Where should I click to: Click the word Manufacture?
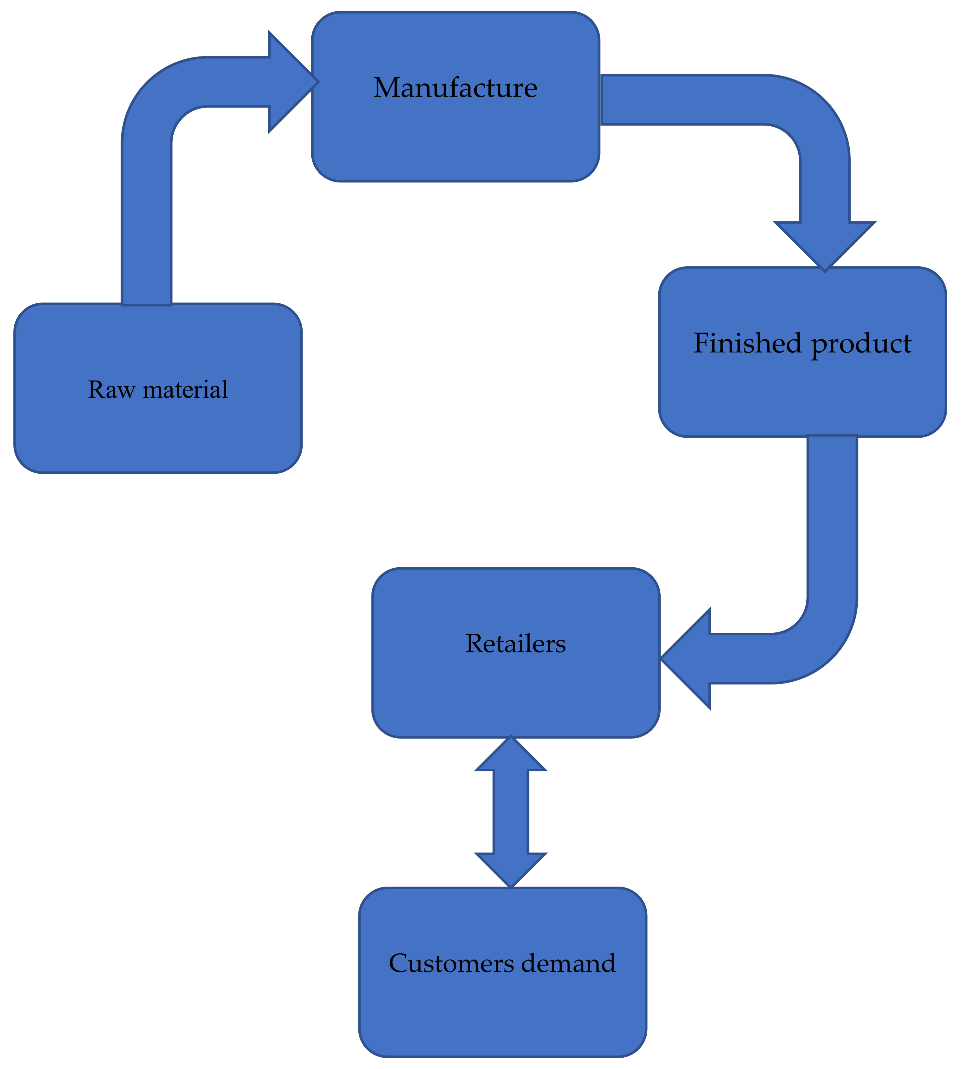(x=455, y=88)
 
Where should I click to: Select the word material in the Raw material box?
(x=185, y=390)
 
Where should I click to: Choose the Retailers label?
(x=515, y=644)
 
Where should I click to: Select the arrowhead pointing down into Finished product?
(x=824, y=244)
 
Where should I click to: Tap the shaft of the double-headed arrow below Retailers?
(x=510, y=811)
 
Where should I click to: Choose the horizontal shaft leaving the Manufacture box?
(x=684, y=100)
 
